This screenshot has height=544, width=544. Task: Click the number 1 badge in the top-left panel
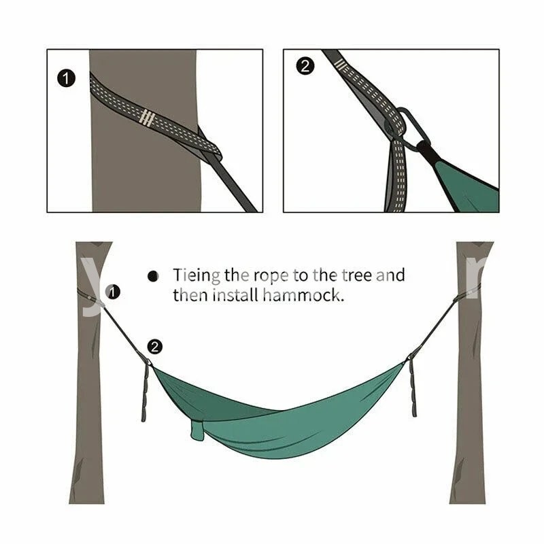pos(66,78)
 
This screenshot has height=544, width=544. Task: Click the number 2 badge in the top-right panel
pos(305,66)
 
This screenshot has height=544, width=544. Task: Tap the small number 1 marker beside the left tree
pos(113,292)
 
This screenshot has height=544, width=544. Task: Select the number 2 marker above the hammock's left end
pos(155,347)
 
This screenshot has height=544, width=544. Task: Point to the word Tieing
pos(197,275)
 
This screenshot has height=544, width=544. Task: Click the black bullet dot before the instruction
pos(152,277)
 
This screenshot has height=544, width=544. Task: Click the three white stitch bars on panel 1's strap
pos(147,118)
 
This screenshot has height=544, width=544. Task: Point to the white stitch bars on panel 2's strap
pos(341,64)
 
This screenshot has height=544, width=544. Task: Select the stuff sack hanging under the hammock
pos(197,430)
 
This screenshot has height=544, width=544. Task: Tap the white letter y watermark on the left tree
pos(92,286)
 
